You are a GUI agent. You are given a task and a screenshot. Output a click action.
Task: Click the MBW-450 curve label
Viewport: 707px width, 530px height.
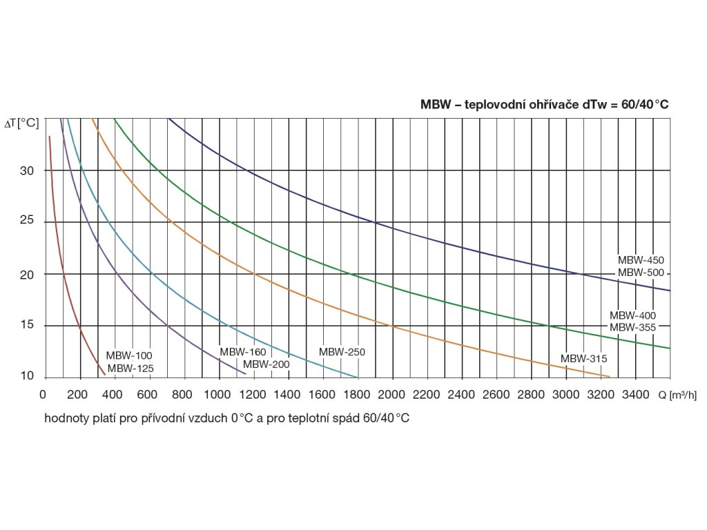(x=640, y=260)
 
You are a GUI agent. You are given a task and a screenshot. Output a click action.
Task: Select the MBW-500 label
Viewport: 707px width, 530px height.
(x=640, y=273)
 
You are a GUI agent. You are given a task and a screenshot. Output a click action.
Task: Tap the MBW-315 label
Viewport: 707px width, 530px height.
(x=583, y=358)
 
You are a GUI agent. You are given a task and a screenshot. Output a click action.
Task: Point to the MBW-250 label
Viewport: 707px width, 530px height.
(x=342, y=352)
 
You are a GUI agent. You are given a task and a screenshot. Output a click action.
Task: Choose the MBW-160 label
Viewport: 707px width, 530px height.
(x=243, y=352)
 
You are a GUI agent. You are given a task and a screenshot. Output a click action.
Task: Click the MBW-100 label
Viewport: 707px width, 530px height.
(x=129, y=355)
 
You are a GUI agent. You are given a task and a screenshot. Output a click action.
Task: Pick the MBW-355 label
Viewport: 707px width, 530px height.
(x=632, y=327)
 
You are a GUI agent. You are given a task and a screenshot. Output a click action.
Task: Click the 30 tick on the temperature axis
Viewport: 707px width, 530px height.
(x=28, y=170)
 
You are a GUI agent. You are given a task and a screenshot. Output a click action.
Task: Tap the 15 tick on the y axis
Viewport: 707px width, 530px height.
(x=28, y=326)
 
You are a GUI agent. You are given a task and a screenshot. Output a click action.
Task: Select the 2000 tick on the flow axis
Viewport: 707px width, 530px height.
(x=392, y=395)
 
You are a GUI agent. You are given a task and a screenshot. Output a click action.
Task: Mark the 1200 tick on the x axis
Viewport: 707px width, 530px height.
(x=253, y=395)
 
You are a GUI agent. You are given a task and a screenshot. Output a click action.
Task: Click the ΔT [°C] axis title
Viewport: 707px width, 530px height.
(x=22, y=123)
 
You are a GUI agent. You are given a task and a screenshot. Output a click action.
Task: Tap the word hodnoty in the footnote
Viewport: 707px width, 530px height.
(x=68, y=419)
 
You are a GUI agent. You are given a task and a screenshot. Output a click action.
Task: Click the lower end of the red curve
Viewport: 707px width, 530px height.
(x=104, y=375)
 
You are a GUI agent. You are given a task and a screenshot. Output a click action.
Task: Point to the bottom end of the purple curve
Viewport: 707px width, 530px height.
(x=245, y=374)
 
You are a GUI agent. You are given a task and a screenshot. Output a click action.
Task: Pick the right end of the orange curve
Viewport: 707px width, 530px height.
(x=610, y=376)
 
